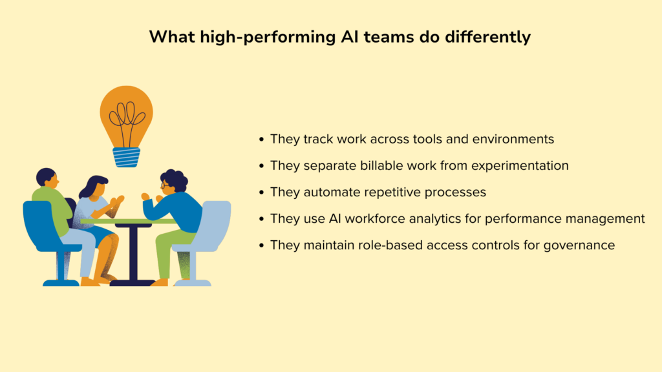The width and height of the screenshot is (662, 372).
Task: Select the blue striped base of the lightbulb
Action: click(126, 156)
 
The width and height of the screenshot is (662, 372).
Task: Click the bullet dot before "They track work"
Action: click(261, 139)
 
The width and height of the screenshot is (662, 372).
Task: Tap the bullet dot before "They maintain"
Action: click(261, 245)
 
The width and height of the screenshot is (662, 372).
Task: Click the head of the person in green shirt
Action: click(46, 177)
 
